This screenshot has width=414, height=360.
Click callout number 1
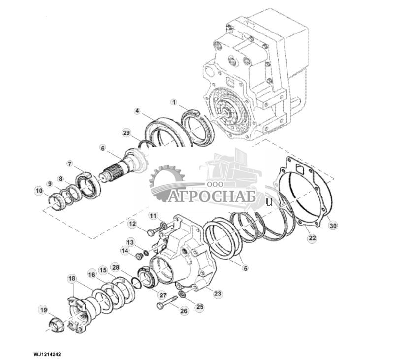[173, 102]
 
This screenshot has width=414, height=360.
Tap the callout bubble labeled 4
[137, 111]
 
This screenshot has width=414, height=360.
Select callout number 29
[126, 133]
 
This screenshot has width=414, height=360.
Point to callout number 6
[103, 148]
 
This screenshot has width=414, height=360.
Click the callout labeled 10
[38, 190]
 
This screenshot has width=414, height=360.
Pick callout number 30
[333, 226]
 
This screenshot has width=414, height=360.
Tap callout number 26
[184, 311]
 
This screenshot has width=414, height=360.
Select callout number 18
[72, 279]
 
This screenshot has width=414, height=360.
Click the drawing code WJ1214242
[48, 354]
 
